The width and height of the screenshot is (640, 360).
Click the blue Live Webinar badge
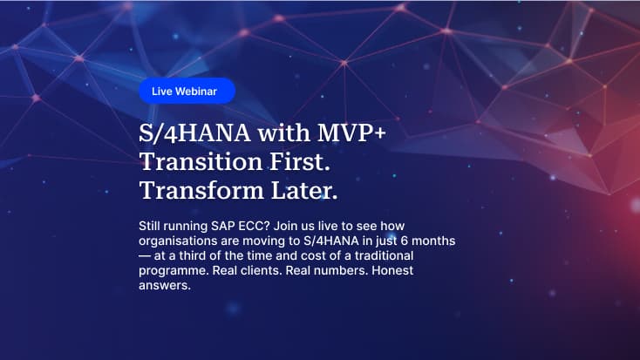pos(187,91)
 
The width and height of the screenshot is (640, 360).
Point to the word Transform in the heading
pos(201,190)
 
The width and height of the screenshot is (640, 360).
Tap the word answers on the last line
pos(164,285)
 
